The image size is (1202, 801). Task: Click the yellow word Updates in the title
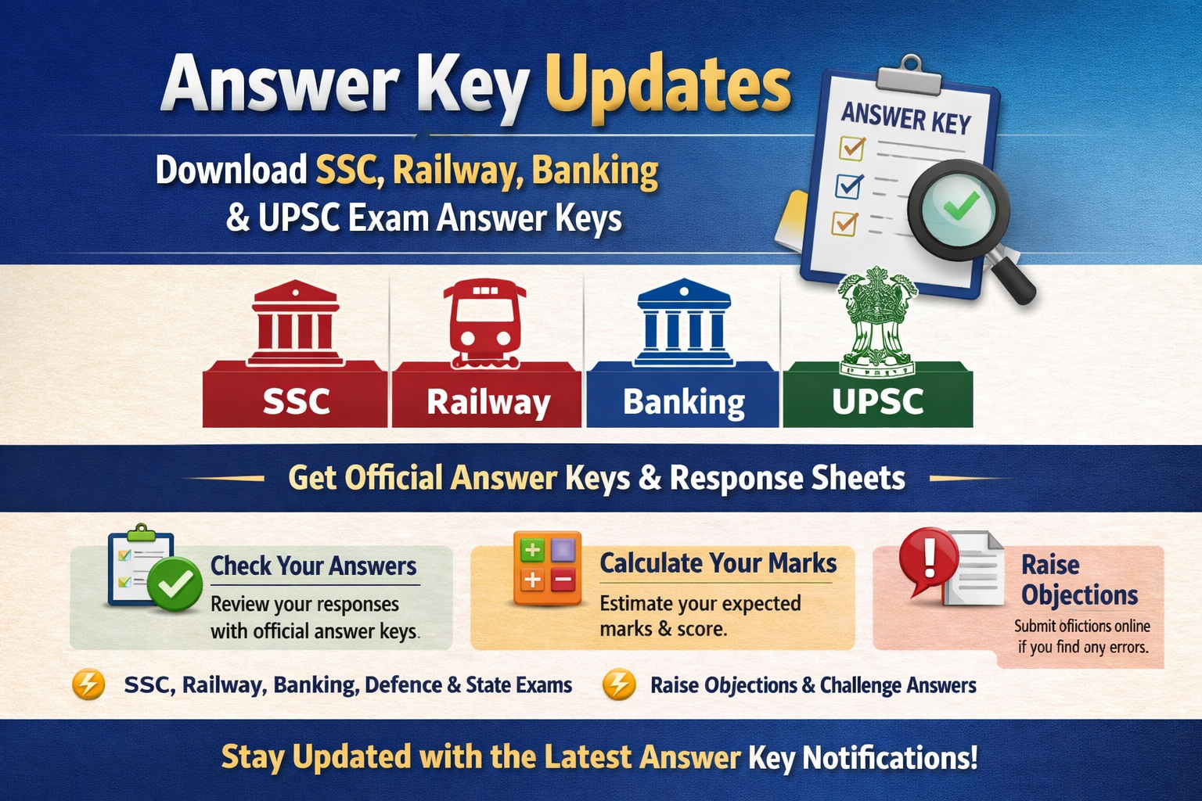click(x=674, y=86)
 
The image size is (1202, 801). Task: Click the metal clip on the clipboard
click(x=910, y=75)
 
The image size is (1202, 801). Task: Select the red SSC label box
click(x=295, y=401)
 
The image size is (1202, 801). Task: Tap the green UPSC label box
click(x=877, y=401)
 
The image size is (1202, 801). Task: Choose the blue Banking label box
click(x=683, y=401)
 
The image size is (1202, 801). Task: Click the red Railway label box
click(x=488, y=401)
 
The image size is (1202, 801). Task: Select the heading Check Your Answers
click(x=313, y=566)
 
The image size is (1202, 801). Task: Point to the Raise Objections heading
click(x=1078, y=580)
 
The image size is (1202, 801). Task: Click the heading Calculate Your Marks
click(x=718, y=563)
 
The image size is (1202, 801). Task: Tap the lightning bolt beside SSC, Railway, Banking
click(x=88, y=684)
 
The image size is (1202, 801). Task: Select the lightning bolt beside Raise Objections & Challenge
click(x=618, y=684)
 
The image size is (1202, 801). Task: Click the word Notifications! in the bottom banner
click(x=890, y=757)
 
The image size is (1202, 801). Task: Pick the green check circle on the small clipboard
click(x=175, y=584)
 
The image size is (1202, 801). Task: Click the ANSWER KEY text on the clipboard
click(x=905, y=119)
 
